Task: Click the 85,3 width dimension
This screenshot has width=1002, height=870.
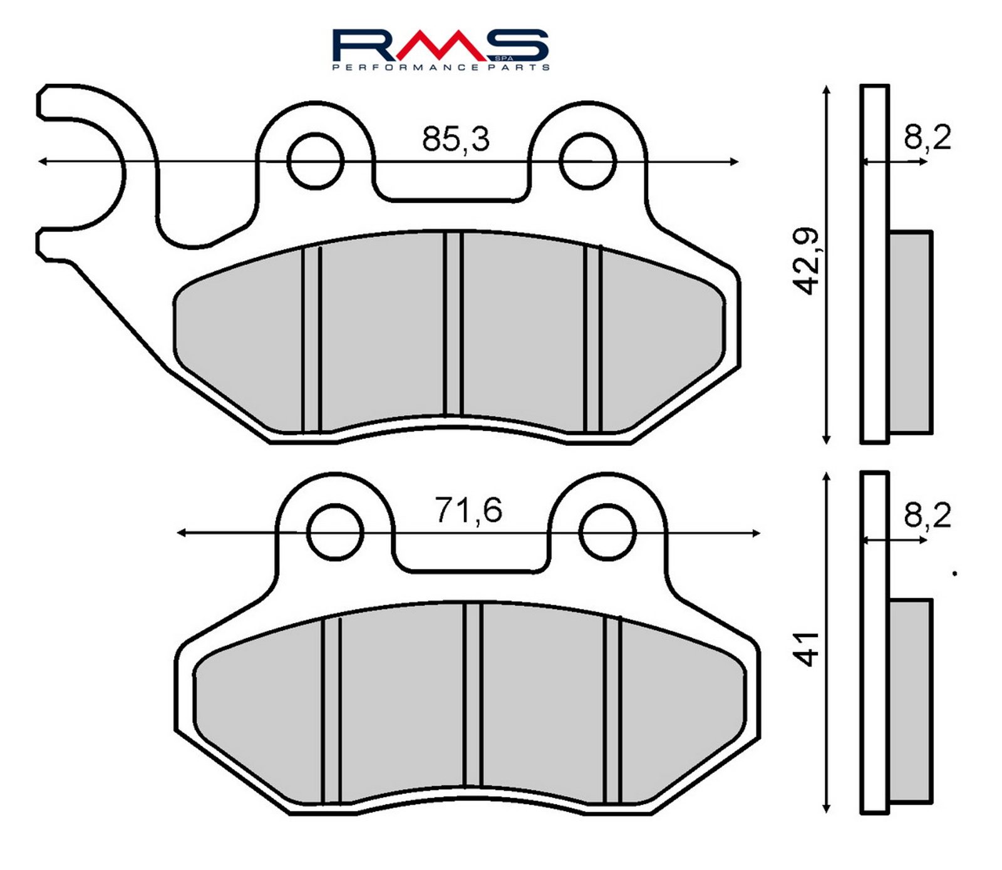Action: pos(455,139)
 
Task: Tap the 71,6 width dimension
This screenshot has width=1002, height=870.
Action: pos(468,510)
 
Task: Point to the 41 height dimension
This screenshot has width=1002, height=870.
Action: pos(808,649)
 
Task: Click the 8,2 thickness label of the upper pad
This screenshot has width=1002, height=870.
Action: pos(927,137)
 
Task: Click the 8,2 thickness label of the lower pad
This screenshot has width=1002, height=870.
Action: pos(927,515)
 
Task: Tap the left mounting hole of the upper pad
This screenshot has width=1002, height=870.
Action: pos(316,161)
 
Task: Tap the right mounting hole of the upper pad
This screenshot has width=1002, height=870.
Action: pos(587,161)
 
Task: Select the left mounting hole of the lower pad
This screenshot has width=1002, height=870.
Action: pos(336,532)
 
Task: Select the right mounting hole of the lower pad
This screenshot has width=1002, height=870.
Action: pos(607,532)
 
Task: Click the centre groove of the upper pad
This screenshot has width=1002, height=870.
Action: pos(453,323)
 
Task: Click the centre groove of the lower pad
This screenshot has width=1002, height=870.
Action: pos(473,695)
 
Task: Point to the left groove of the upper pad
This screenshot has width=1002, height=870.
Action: pos(311,338)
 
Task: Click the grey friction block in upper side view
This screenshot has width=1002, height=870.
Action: pos(910,332)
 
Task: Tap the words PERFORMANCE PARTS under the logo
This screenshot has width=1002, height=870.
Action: pos(440,67)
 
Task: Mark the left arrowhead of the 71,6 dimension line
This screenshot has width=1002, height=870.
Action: pos(180,533)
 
